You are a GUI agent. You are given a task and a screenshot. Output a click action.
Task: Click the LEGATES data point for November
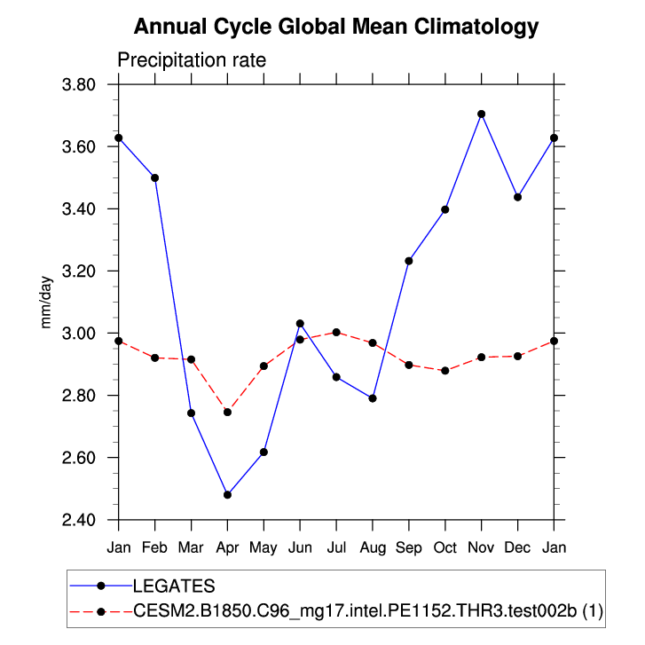482,114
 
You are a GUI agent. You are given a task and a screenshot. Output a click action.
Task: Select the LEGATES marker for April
227,494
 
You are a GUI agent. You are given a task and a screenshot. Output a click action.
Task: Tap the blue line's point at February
155,177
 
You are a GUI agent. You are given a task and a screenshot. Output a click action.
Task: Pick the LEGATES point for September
409,261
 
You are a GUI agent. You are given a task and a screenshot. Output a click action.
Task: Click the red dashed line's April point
227,412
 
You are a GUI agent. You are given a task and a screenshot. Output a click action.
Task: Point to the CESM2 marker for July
336,332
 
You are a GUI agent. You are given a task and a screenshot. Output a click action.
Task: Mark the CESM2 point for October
445,370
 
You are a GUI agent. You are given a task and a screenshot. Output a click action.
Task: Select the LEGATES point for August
373,398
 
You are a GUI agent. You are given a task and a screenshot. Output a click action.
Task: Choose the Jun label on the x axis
300,547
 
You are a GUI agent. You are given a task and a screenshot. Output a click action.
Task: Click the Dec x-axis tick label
518,547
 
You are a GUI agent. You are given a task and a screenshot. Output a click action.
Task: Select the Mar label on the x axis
191,547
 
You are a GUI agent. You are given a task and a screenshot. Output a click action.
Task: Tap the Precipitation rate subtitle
192,59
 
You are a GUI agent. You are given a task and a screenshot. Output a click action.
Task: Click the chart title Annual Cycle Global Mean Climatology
336,27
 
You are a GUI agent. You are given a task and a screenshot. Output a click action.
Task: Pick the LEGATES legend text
174,586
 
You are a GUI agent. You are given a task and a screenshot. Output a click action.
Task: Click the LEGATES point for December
518,197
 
